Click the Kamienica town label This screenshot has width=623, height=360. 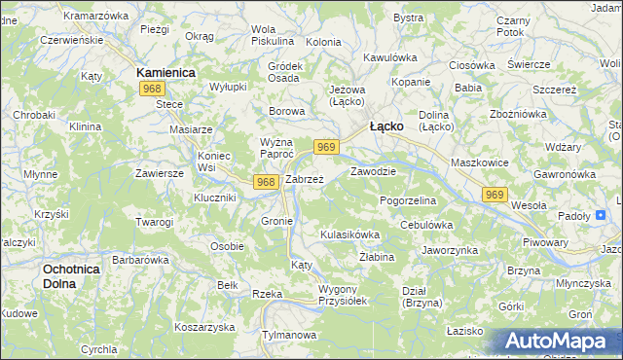coord(166,73)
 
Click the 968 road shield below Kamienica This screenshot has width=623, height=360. coord(151,89)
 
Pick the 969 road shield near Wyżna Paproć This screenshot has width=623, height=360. coord(327,147)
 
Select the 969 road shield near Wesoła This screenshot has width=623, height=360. coord(495,196)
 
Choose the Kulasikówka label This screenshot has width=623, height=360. coord(349,234)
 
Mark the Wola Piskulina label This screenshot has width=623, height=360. coord(272,35)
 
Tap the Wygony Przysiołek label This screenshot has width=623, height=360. coord(342,296)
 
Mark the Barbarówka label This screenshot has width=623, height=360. coord(141,260)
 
